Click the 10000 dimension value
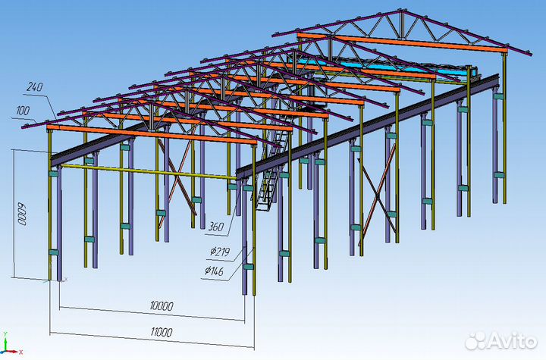coord(162,306)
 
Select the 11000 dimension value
coord(162,332)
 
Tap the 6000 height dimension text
coord(22,214)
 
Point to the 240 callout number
coord(34,86)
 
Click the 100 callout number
coord(23,111)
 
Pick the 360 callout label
coord(216,227)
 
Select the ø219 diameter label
coord(220,251)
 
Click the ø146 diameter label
coord(214,271)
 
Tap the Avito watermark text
coord(511,340)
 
